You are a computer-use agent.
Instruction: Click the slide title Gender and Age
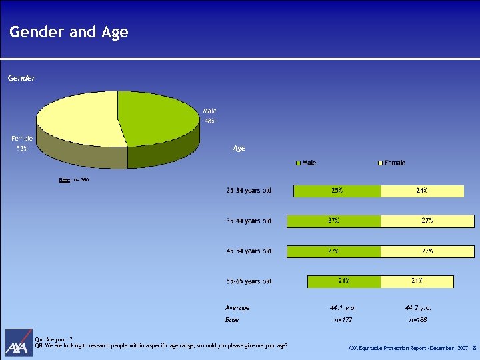pos(69,32)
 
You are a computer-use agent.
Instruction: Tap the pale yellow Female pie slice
pos(77,120)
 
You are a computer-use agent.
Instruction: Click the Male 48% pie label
pos(210,115)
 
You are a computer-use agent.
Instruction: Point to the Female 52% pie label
pos(21,143)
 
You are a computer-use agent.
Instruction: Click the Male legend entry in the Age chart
pos(306,163)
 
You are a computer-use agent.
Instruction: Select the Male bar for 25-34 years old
pos(337,191)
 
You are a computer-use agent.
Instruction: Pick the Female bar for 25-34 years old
pos(421,191)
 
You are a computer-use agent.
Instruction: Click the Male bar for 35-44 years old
pos(333,221)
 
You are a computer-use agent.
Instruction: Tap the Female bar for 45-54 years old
pos(427,251)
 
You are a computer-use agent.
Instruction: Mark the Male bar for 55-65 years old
pos(343,281)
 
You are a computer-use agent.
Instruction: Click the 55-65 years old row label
pos(248,281)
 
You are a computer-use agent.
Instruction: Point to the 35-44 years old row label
pos(248,221)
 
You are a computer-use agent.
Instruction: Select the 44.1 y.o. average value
pos(343,308)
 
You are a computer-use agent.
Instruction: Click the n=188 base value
pos(418,320)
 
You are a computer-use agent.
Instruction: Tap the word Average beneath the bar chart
pos(237,308)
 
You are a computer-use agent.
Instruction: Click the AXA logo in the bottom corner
pos(18,343)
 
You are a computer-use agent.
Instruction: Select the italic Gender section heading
pos(21,79)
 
